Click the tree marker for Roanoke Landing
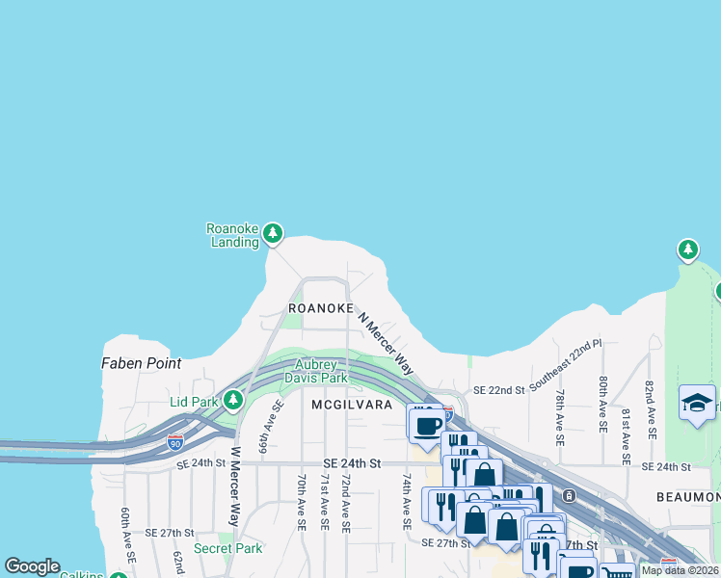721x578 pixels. [x=273, y=232]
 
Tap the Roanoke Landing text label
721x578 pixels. [x=233, y=236]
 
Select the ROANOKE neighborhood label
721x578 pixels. [x=319, y=308]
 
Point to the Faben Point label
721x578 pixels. [x=141, y=364]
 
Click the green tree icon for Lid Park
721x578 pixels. [x=232, y=399]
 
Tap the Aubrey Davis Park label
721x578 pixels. [x=315, y=372]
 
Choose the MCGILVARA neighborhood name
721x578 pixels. [x=352, y=406]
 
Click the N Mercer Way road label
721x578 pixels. [x=386, y=342]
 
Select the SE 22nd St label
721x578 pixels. [x=498, y=390]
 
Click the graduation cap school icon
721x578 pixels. [x=697, y=402]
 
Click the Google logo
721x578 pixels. [x=32, y=566]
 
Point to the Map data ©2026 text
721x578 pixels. [x=679, y=570]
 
